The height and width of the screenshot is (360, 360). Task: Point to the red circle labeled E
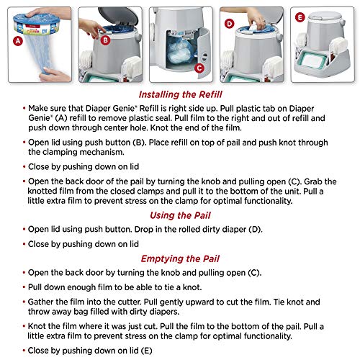click(x=300, y=14)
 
